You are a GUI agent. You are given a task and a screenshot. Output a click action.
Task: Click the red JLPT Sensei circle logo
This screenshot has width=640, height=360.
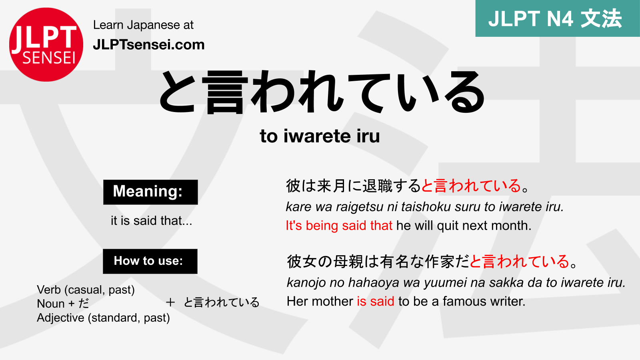click(46, 44)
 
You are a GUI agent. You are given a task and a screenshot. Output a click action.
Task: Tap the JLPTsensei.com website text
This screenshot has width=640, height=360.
click(148, 44)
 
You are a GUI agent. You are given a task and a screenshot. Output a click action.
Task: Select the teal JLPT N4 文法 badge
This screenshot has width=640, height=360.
click(557, 18)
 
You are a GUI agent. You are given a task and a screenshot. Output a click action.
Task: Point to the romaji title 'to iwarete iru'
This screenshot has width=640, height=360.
click(320, 136)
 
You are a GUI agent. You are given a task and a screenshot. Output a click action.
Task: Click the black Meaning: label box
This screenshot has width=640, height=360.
click(150, 192)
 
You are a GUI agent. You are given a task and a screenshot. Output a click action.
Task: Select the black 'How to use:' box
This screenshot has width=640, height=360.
click(150, 261)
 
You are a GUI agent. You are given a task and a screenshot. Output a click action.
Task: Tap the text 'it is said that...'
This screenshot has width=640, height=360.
click(151, 220)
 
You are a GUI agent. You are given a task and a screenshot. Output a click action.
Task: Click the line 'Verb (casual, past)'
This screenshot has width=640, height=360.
click(86, 290)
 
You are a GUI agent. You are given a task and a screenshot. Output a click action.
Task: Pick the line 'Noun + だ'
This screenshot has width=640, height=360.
click(63, 304)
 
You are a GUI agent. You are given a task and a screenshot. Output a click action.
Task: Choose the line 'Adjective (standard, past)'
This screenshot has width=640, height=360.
click(103, 318)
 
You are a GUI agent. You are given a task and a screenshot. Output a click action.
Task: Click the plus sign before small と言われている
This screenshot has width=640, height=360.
click(170, 302)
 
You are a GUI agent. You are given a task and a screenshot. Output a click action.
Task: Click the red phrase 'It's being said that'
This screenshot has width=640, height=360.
click(339, 226)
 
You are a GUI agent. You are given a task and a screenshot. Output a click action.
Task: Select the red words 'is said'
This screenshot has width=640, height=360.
click(375, 301)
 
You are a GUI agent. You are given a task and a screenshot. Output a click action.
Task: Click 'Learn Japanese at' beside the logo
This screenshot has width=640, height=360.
click(143, 25)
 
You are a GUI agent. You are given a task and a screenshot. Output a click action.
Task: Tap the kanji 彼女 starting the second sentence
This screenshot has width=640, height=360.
click(302, 262)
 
